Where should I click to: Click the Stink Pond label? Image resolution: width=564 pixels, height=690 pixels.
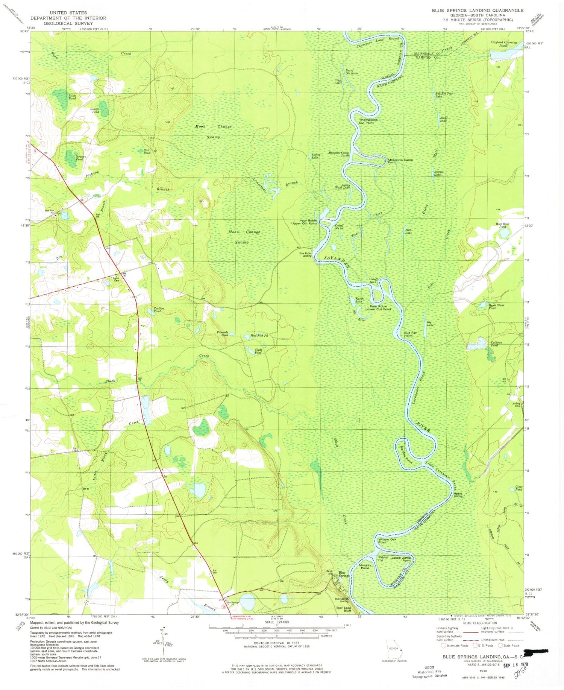coord(72,97)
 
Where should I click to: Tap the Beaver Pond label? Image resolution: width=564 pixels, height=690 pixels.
coord(95,111)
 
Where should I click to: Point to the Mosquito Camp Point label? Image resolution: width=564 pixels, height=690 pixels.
coord(400,161)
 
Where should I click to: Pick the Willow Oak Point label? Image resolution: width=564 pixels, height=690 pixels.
coord(387,541)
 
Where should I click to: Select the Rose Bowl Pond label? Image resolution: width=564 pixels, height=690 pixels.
coord(502,225)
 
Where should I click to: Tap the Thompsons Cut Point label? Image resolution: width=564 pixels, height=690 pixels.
coord(368,121)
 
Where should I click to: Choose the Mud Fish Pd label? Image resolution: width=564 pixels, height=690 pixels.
coord(259,336)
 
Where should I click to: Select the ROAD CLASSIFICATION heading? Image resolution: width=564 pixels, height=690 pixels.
coord(480,623)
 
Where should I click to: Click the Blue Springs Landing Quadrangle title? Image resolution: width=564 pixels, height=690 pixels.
coord(477,11)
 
